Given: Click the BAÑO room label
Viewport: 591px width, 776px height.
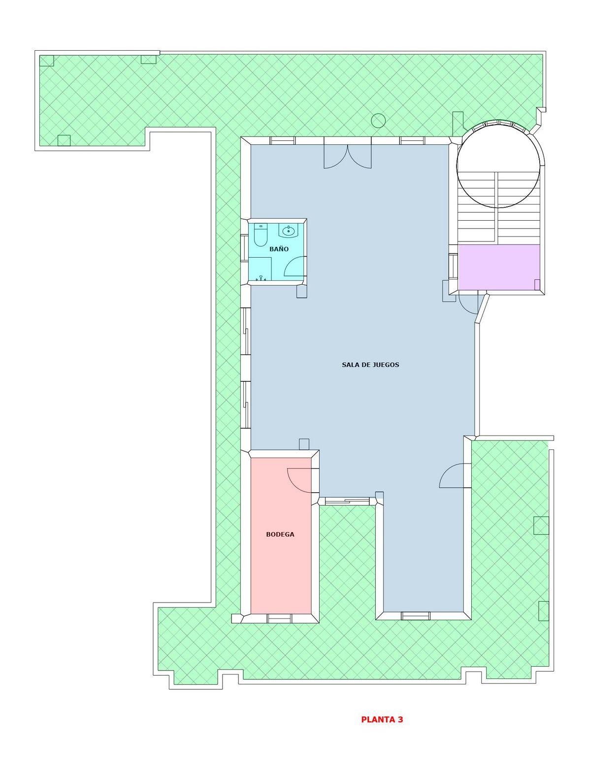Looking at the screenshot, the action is pyautogui.click(x=279, y=249).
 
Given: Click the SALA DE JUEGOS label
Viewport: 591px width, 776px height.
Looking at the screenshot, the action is pyautogui.click(x=370, y=365).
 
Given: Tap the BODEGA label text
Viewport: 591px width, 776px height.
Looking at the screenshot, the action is pyautogui.click(x=280, y=534).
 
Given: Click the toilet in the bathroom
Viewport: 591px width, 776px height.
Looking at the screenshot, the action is pyautogui.click(x=261, y=235).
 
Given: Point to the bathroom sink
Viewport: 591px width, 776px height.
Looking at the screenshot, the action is pyautogui.click(x=289, y=231).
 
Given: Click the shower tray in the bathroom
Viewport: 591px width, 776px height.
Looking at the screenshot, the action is pyautogui.click(x=260, y=270).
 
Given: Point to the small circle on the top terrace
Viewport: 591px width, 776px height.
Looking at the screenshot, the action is pyautogui.click(x=378, y=120).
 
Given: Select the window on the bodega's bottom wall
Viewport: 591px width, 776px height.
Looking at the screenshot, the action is pyautogui.click(x=279, y=618).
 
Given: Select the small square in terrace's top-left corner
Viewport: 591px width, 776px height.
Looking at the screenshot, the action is pyautogui.click(x=46, y=61).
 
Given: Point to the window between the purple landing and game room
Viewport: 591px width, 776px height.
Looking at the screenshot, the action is pyautogui.click(x=453, y=266).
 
